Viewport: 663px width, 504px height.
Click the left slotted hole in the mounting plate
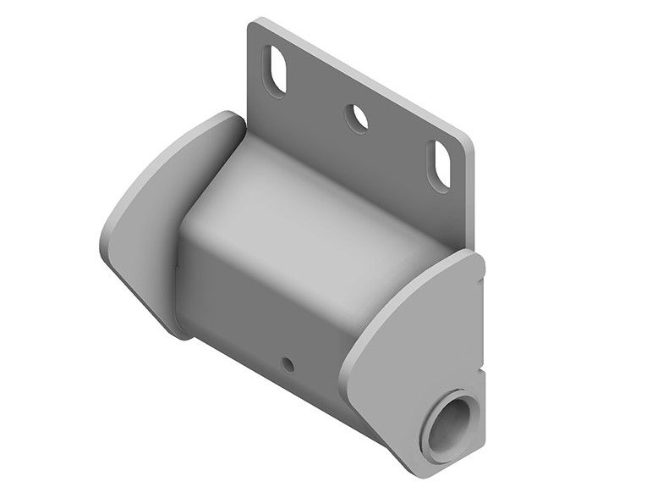(x=277, y=69)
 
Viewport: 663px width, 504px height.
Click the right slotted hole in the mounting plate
(x=442, y=158)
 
